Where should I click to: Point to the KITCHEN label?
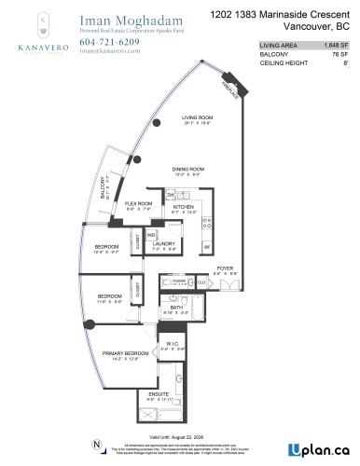pos(183,206)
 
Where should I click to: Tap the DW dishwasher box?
pos(171,193)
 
